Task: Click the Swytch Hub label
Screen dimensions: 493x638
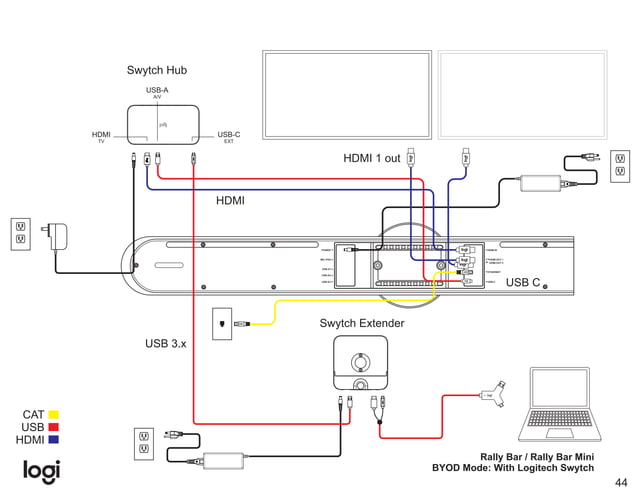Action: (x=156, y=70)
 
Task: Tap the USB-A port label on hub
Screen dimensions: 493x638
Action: (x=157, y=91)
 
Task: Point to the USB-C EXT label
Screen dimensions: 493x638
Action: (x=229, y=137)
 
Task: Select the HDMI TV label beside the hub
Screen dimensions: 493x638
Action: (x=101, y=137)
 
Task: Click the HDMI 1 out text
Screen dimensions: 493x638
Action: (x=371, y=158)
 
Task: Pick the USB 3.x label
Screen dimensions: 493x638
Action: (x=166, y=343)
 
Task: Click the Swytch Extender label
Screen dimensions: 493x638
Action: (x=362, y=324)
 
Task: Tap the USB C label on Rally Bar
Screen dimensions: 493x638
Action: (x=522, y=283)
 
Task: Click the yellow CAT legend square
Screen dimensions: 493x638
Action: (x=53, y=414)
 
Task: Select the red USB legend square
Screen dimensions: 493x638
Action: (x=53, y=427)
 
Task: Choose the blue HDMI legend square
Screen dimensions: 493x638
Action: (x=53, y=439)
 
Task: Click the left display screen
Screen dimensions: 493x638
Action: (x=346, y=95)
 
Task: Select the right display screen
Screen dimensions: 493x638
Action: (x=523, y=95)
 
